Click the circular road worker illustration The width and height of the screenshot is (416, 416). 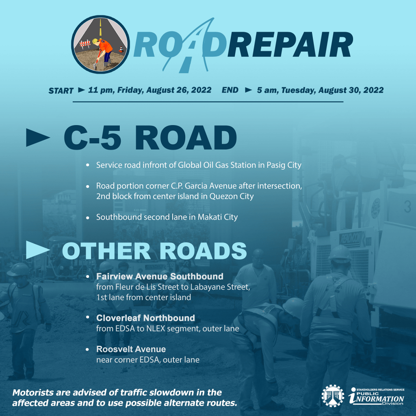point(101,44)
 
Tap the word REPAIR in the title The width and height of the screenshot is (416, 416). point(290,45)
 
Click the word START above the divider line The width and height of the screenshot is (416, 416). point(61,91)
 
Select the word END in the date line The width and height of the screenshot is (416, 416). point(230,90)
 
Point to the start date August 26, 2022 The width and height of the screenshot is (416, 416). point(179,90)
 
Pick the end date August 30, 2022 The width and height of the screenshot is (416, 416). point(351,90)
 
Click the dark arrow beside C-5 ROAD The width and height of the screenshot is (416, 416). point(38,137)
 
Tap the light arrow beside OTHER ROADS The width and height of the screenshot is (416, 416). point(38,250)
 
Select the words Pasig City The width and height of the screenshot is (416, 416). point(284,165)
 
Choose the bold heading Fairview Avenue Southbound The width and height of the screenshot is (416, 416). point(160,276)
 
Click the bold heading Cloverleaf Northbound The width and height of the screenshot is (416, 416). point(146,318)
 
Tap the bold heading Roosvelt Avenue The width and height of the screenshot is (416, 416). point(131,349)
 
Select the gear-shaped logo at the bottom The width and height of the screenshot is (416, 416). point(333,396)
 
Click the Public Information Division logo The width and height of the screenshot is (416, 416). point(376,396)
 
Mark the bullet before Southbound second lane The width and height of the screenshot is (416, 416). point(88,218)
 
